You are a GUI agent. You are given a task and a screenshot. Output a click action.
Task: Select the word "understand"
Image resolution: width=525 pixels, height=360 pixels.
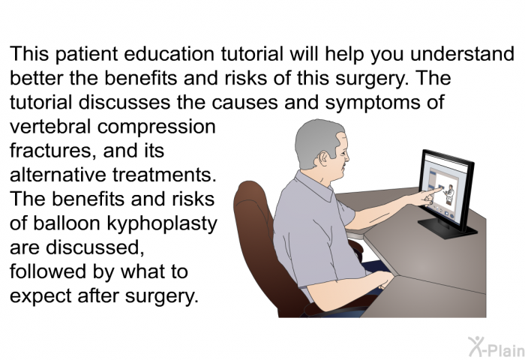pyautogui.click(x=462, y=53)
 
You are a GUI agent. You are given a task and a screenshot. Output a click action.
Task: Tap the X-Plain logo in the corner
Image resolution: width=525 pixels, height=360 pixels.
pyautogui.click(x=496, y=347)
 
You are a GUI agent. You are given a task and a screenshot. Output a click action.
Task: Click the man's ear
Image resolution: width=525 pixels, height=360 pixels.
pyautogui.click(x=323, y=158)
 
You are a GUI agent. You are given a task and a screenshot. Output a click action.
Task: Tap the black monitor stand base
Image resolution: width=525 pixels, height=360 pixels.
pyautogui.click(x=447, y=229)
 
